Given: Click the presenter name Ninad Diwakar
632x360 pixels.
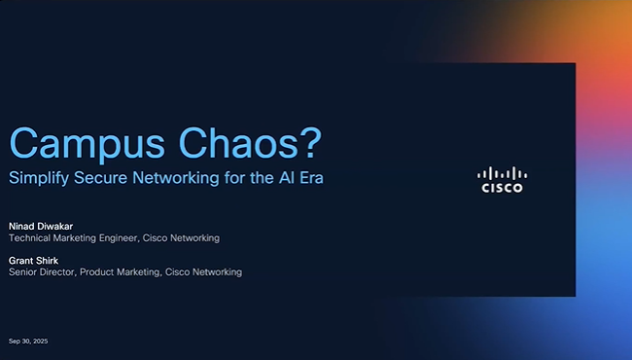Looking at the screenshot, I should click(40, 225).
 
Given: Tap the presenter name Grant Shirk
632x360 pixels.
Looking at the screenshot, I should click(33, 260).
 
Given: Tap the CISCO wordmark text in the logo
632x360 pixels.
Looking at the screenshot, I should click(502, 188).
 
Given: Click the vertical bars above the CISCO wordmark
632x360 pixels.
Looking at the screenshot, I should click(502, 172).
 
